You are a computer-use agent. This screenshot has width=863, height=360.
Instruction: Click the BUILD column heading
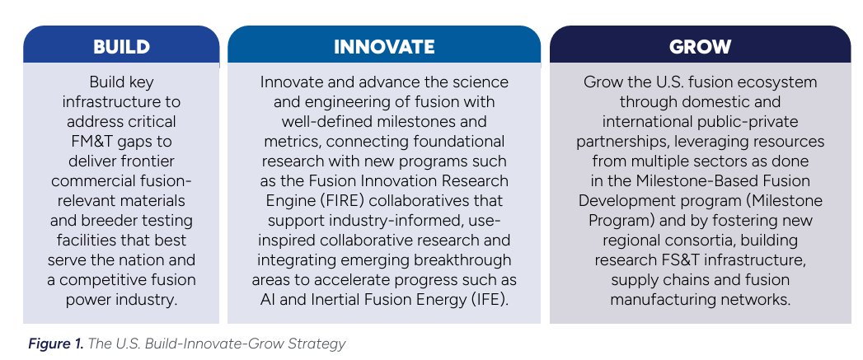122,47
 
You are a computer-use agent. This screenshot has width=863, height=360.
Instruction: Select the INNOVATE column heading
384,47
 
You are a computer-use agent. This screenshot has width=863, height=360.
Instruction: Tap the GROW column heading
700,47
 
